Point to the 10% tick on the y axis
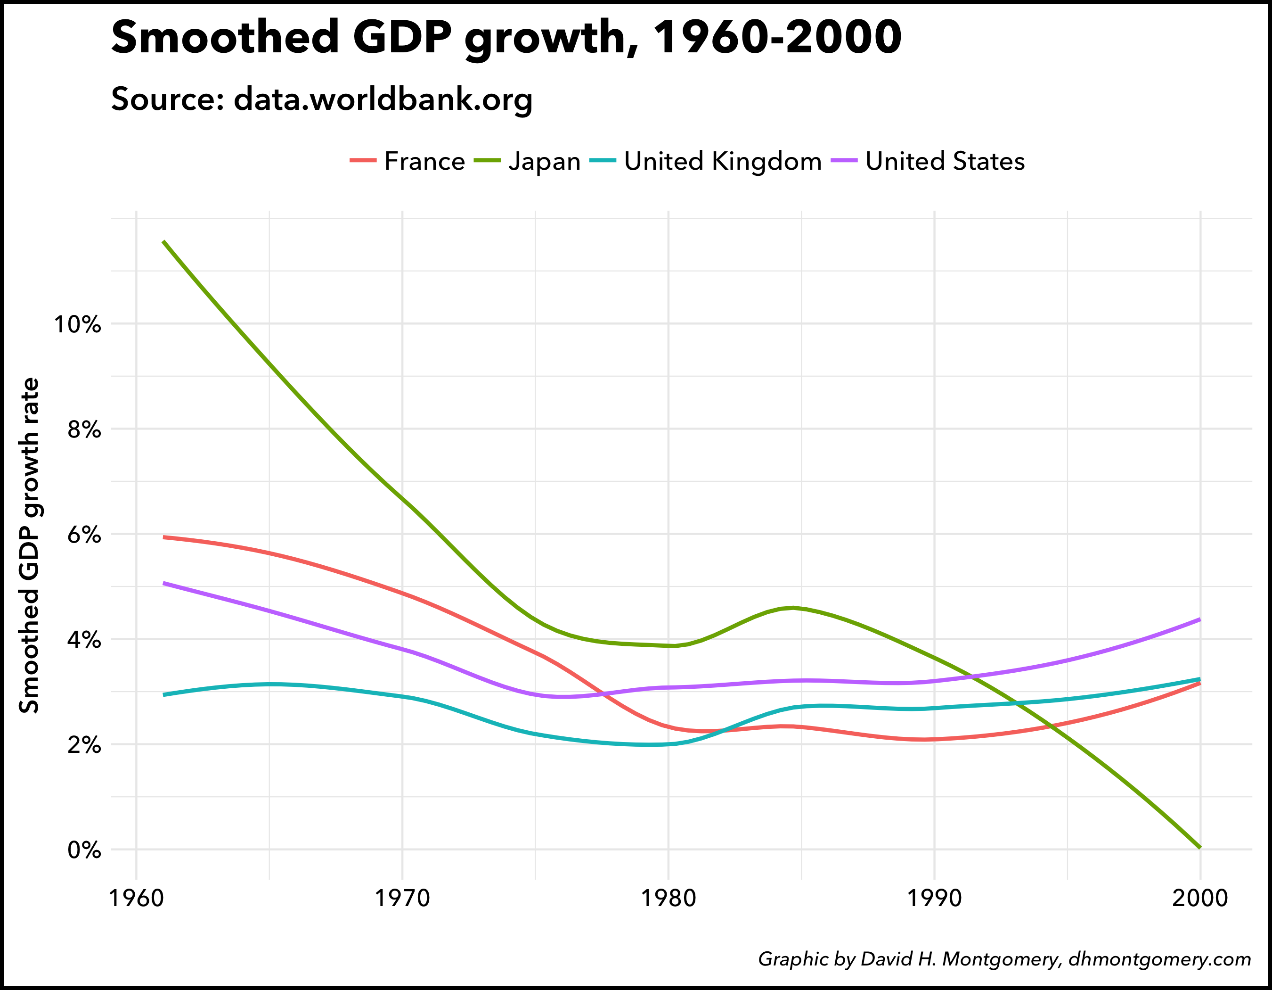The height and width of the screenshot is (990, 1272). click(x=77, y=324)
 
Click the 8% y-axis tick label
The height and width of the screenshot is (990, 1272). click(x=84, y=429)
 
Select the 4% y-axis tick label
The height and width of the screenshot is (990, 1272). click(x=84, y=640)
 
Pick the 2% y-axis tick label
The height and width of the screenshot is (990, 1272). click(x=84, y=745)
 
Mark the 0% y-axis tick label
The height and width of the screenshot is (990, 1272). click(x=84, y=850)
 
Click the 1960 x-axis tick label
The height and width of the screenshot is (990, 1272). click(x=136, y=898)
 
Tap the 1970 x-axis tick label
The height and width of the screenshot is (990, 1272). click(x=402, y=898)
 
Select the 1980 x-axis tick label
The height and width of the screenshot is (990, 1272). click(x=669, y=898)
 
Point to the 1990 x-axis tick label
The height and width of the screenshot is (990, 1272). click(x=935, y=898)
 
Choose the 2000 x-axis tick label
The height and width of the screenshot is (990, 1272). click(x=1200, y=898)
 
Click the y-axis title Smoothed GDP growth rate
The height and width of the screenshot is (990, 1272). click(x=29, y=545)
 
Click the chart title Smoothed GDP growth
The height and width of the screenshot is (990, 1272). click(x=506, y=37)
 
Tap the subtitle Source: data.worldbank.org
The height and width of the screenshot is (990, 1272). click(x=321, y=99)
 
